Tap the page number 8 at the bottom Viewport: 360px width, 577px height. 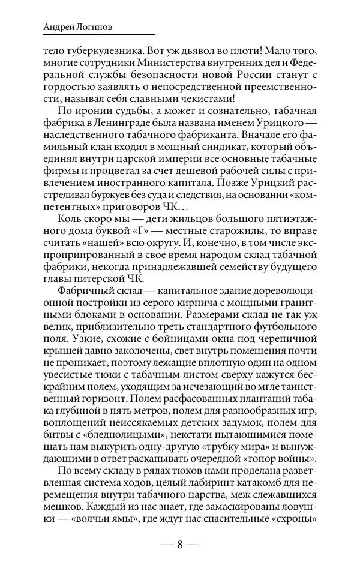click(x=180, y=545)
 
